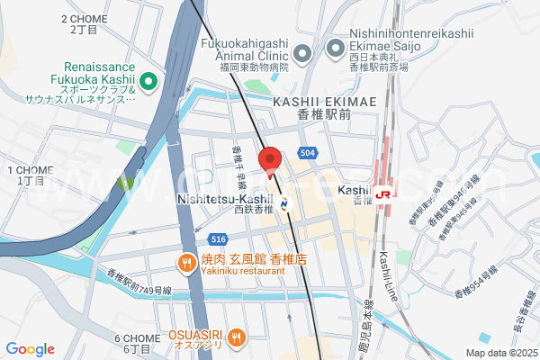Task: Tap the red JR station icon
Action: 385,193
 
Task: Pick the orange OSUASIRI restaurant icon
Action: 236,337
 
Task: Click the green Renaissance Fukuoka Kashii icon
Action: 149,83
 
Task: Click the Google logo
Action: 31,349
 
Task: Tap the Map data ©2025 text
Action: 501,353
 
